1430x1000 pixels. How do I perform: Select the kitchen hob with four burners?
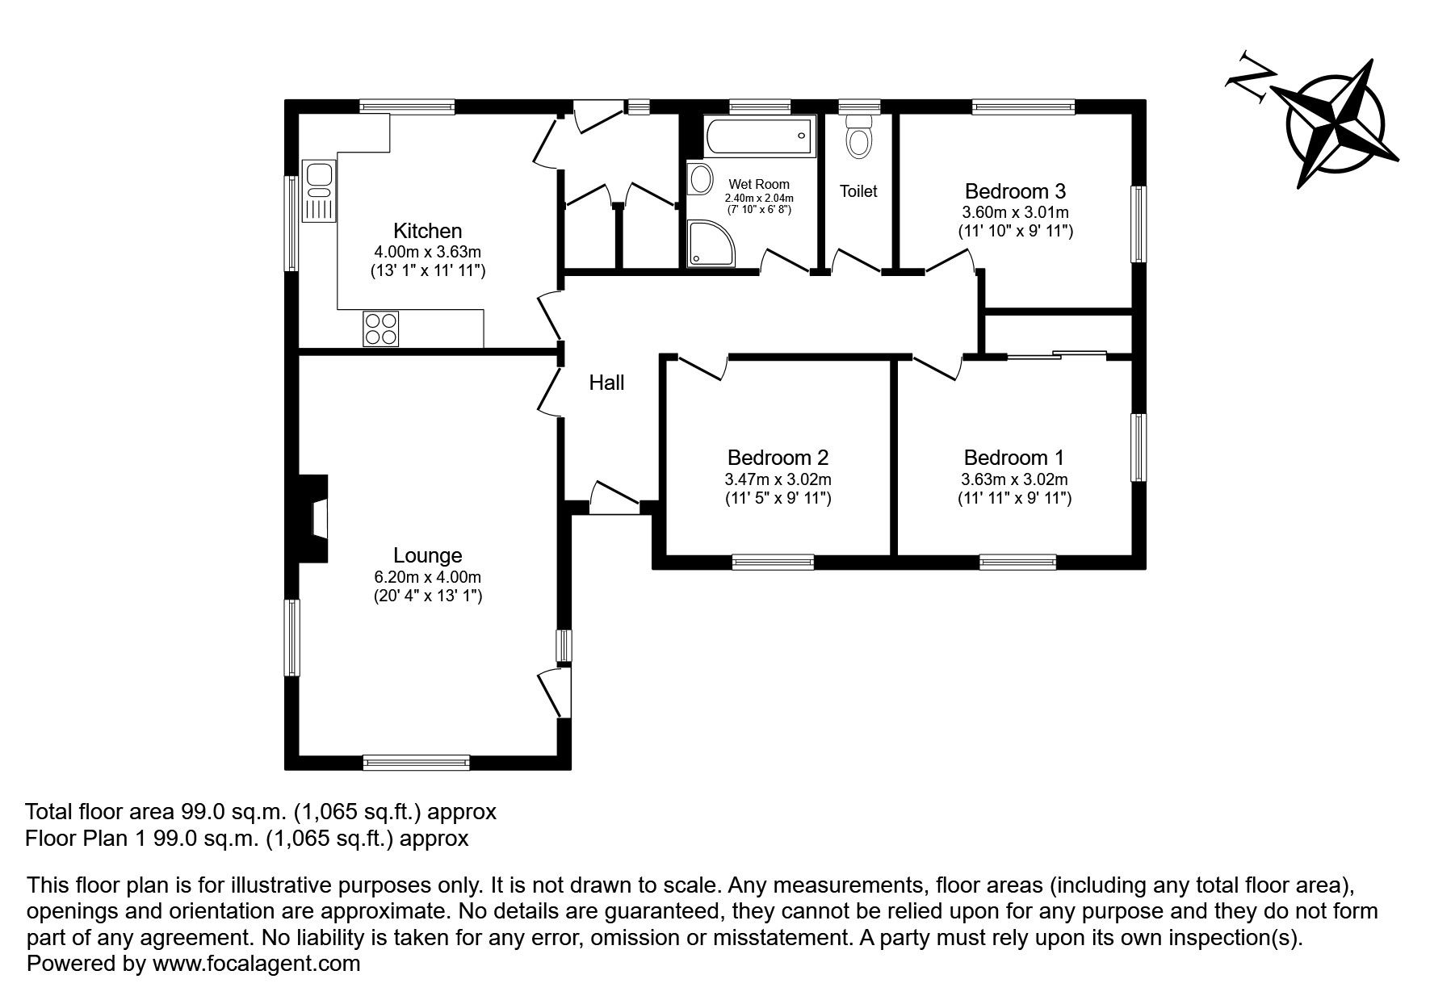point(380,328)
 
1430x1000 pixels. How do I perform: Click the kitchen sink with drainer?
point(320,190)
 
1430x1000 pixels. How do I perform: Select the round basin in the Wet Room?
point(701,178)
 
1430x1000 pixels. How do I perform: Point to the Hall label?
point(606,383)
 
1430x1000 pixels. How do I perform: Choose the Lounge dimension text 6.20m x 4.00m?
point(427,577)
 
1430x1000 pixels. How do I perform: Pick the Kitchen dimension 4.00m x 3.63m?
point(427,252)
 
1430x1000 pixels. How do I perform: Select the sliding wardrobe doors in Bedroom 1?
point(1056,354)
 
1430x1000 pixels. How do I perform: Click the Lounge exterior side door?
point(553,692)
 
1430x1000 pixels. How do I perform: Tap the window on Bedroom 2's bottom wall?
point(773,562)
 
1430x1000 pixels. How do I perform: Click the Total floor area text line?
point(261,810)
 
